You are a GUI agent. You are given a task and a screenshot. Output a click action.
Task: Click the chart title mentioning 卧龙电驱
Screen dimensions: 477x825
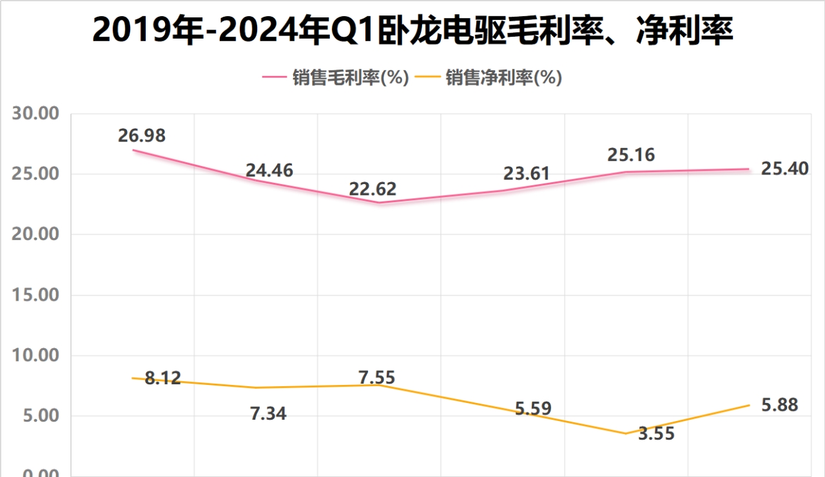[x=412, y=31]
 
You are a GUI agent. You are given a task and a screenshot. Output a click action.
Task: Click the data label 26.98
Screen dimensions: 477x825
[x=142, y=136]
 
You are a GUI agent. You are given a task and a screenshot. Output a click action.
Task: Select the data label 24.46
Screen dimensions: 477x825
[x=269, y=171]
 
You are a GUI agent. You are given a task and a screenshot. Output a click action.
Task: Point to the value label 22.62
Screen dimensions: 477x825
[x=373, y=189]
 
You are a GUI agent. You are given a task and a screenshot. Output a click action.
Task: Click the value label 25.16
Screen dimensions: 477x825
[x=630, y=155]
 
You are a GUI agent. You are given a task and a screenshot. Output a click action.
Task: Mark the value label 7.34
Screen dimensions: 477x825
[x=267, y=414]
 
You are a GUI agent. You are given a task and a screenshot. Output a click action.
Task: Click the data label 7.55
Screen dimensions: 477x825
[x=376, y=377]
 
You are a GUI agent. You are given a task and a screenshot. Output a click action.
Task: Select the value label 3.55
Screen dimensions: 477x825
[x=656, y=434]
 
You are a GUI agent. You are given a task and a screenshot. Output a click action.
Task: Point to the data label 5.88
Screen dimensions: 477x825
[x=779, y=405]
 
